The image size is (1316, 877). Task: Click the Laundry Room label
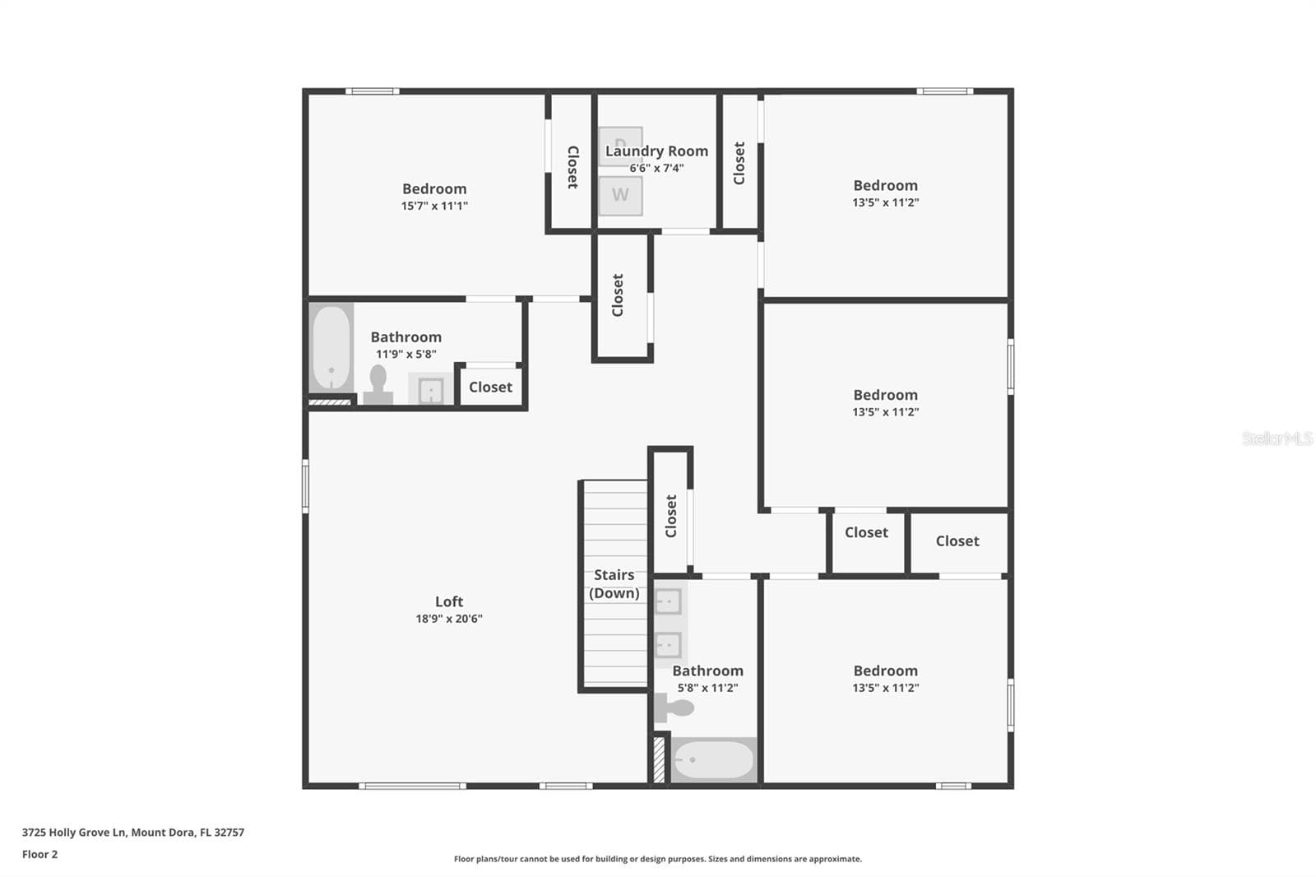tap(656, 151)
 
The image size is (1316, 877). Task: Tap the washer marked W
tap(620, 196)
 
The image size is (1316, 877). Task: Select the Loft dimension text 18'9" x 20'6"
tap(449, 619)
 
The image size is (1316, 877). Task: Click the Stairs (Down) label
tap(614, 583)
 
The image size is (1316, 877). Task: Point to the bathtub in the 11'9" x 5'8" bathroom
tap(331, 347)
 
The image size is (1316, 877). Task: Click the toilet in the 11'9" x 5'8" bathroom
tap(378, 385)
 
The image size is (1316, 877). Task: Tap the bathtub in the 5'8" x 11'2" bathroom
tap(713, 759)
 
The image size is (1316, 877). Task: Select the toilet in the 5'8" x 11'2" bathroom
tap(674, 708)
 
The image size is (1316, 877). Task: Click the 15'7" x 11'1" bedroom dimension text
tap(434, 206)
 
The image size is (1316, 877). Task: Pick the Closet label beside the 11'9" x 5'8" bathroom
tap(490, 387)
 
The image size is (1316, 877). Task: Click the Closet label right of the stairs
tap(671, 516)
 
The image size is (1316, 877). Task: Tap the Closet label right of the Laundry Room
tap(739, 163)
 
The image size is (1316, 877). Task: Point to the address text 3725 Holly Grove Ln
tap(74, 833)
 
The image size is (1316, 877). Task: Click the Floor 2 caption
tap(40, 854)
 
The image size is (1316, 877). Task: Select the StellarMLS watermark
tap(1277, 438)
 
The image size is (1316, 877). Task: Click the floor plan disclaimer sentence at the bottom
tap(657, 859)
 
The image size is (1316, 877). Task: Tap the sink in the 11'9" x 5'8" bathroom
tap(431, 390)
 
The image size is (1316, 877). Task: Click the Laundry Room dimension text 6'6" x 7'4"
tap(656, 168)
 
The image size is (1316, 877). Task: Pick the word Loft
tap(449, 601)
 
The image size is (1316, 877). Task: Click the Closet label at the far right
tap(957, 541)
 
